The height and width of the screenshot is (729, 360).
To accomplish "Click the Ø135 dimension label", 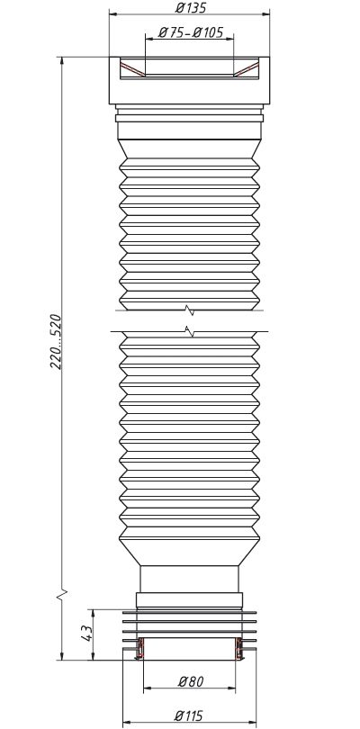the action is tap(190, 7).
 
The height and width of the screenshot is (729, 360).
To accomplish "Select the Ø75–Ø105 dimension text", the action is tap(190, 32).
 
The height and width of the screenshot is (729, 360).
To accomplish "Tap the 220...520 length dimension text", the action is tap(56, 342).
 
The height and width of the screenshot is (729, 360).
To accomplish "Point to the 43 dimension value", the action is tap(87, 634).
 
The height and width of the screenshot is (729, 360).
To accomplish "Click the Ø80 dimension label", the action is tap(191, 681).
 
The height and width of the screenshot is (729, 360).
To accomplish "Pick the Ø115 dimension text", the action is tap(189, 715).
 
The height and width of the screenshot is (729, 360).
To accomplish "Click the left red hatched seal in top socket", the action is tap(132, 68).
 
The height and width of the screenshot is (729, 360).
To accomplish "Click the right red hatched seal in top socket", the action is tap(247, 68).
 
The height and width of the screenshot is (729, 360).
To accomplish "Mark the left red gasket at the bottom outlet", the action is tap(141, 648).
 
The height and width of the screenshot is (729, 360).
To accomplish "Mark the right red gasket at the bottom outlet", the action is tap(239, 648).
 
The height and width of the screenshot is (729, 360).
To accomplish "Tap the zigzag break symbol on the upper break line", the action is tap(189, 310).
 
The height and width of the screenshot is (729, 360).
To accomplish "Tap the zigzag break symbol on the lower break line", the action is tap(189, 331).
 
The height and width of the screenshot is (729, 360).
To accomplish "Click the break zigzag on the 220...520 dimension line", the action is tap(62, 594).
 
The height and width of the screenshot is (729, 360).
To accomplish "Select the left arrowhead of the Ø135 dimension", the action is tap(113, 13).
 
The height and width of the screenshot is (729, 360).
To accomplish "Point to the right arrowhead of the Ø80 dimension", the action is tap(231, 688).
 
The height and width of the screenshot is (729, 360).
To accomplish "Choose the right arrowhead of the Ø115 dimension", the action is tap(252, 723).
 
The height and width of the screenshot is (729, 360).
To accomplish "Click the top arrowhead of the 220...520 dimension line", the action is tap(62, 61).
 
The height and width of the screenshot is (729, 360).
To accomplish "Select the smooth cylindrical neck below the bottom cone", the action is tap(189, 579).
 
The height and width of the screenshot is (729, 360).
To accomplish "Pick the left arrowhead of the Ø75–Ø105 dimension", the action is tap(149, 39).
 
